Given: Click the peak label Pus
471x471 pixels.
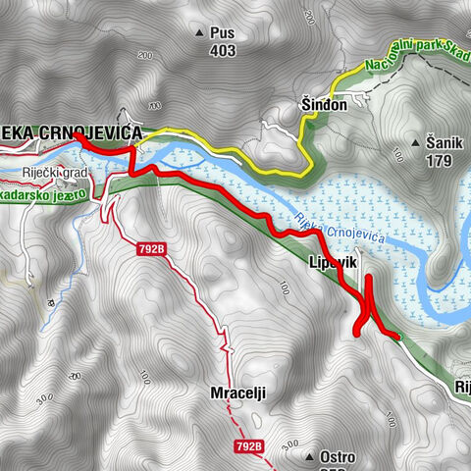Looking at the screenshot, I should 223,32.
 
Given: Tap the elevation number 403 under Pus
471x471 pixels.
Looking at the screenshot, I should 223,51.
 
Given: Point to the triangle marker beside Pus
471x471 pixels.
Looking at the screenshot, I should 201,32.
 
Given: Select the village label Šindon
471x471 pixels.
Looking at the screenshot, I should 324,107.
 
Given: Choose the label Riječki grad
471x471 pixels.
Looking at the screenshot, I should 56,174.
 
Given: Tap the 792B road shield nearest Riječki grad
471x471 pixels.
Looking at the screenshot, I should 150,251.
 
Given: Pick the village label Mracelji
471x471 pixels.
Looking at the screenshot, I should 238,392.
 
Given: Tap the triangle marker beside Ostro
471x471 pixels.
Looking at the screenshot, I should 309,457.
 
